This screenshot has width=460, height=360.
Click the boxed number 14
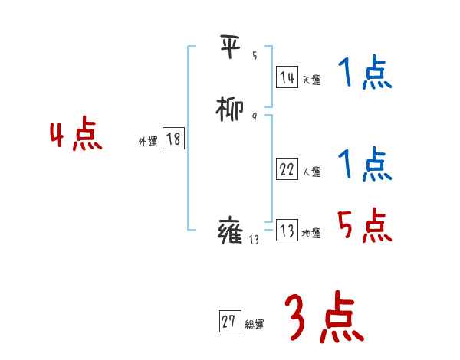pos(287,77)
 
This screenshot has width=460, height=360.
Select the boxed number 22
pos(287,170)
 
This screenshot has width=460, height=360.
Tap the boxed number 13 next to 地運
pos(287,231)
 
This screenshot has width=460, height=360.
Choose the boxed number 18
pos(173,139)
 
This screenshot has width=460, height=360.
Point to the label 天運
pos(311,80)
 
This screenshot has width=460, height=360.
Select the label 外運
pos(148,142)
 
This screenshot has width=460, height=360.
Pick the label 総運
pos(255,325)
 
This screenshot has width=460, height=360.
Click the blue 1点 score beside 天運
pos(364,75)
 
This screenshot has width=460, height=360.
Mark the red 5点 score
pos(364,225)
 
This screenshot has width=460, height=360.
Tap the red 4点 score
pos(76,136)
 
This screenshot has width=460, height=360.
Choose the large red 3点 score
pos(324,319)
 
